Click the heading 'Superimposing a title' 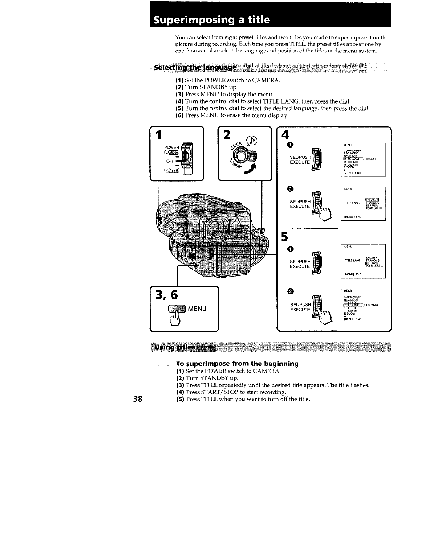click(x=212, y=20)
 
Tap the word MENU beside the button click(x=197, y=309)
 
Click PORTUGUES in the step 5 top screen click(x=374, y=267)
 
